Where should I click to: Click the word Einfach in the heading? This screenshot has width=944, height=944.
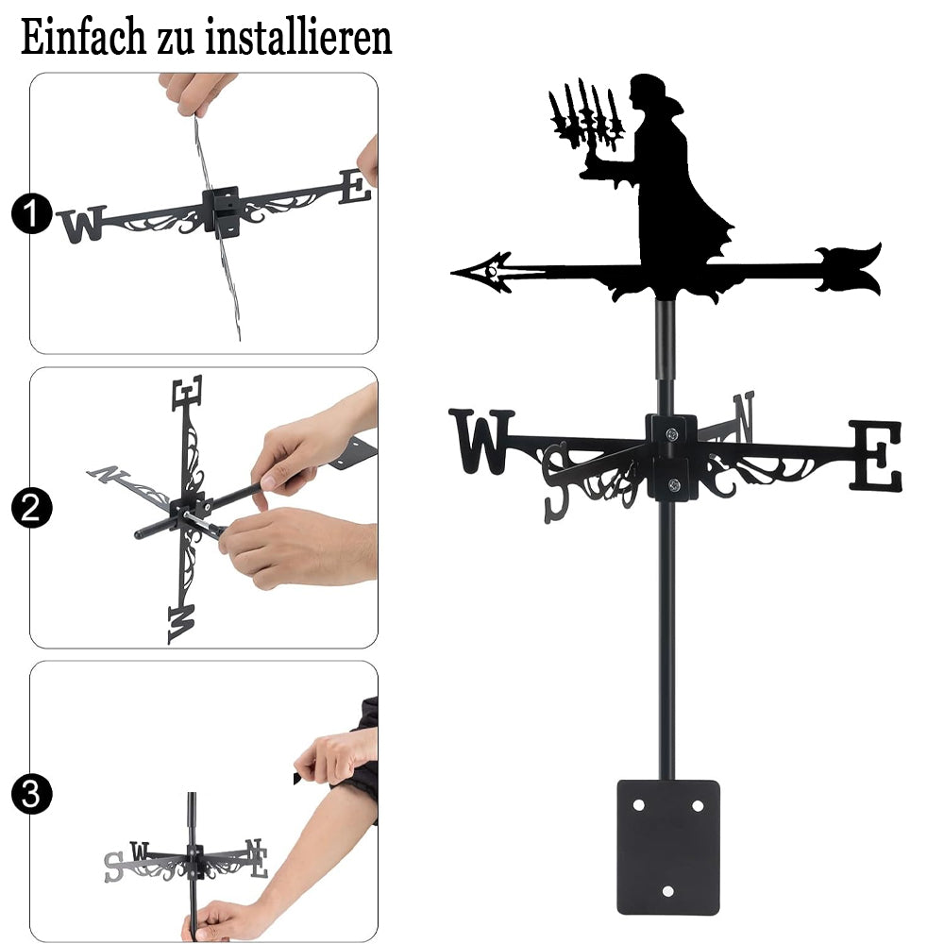pos(83,38)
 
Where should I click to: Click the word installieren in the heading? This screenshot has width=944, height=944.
pos(298,38)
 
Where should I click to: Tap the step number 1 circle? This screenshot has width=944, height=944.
pos(31,213)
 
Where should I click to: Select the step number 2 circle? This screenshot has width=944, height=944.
pos(31,508)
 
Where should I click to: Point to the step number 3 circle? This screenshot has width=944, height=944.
pos(31,794)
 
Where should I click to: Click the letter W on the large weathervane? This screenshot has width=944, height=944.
pos(481,441)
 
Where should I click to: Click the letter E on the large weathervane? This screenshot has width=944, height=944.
pos(875,455)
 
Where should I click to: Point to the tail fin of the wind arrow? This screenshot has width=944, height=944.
pos(849,269)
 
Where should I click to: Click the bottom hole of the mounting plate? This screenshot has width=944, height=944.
pos(668,890)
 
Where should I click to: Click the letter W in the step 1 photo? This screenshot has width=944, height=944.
pos(82,224)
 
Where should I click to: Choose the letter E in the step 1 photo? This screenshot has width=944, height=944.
pos(355,186)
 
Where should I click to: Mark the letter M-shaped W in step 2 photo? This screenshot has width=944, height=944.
pos(182,624)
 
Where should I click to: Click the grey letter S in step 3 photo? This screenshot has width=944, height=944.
pos(114,868)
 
